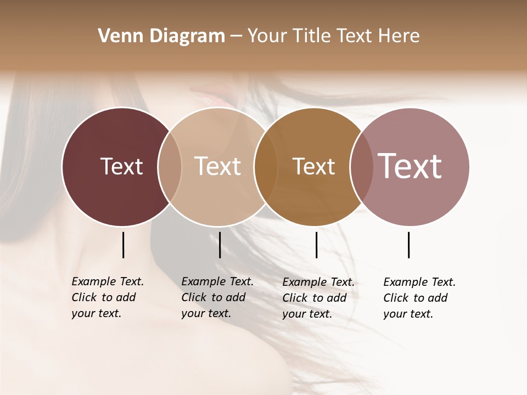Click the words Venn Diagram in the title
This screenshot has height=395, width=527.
pyautogui.click(x=161, y=36)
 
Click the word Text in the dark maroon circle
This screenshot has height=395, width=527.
pyautogui.click(x=121, y=166)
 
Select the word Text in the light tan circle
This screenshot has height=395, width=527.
pyautogui.click(x=217, y=166)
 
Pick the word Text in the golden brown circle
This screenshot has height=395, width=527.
pyautogui.click(x=313, y=166)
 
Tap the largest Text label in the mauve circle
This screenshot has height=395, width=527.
pyautogui.click(x=410, y=166)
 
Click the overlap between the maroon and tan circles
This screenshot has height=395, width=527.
pyautogui.click(x=170, y=167)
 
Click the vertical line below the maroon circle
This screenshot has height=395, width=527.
pyautogui.click(x=123, y=245)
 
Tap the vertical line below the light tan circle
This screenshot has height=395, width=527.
pyautogui.click(x=220, y=245)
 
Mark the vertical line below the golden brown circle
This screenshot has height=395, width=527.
pyautogui.click(x=316, y=245)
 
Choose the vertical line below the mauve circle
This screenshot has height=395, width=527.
pyautogui.click(x=408, y=245)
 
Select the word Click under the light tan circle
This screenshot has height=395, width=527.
pyautogui.click(x=193, y=297)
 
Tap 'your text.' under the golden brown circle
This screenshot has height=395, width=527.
pyautogui.click(x=307, y=314)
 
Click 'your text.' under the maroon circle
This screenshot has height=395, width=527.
pyautogui.click(x=97, y=313)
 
